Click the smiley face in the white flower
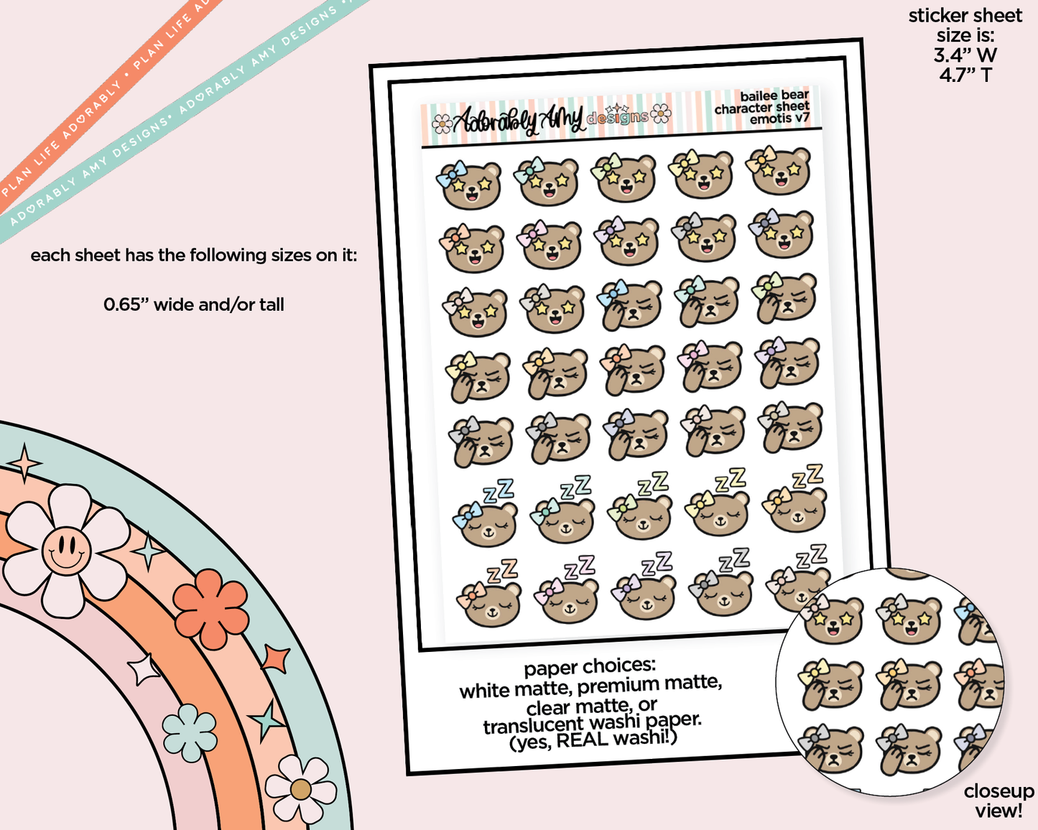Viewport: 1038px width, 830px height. coord(66,550)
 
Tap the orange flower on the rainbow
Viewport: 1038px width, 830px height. coord(210,608)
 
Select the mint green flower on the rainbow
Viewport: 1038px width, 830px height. coord(190,732)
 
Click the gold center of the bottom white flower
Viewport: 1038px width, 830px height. coord(300,790)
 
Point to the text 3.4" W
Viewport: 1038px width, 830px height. coord(965,55)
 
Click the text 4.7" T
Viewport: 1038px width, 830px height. coord(965,75)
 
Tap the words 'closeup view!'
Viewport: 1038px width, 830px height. coord(998,801)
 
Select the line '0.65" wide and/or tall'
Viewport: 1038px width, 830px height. coord(194,305)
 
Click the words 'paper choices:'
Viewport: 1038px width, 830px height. coord(589,667)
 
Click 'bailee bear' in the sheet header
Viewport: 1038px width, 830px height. coord(774,95)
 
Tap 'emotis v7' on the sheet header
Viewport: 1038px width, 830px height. coord(779,119)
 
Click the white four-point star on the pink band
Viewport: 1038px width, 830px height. coord(144,669)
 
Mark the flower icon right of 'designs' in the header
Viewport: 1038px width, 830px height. coord(661,113)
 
